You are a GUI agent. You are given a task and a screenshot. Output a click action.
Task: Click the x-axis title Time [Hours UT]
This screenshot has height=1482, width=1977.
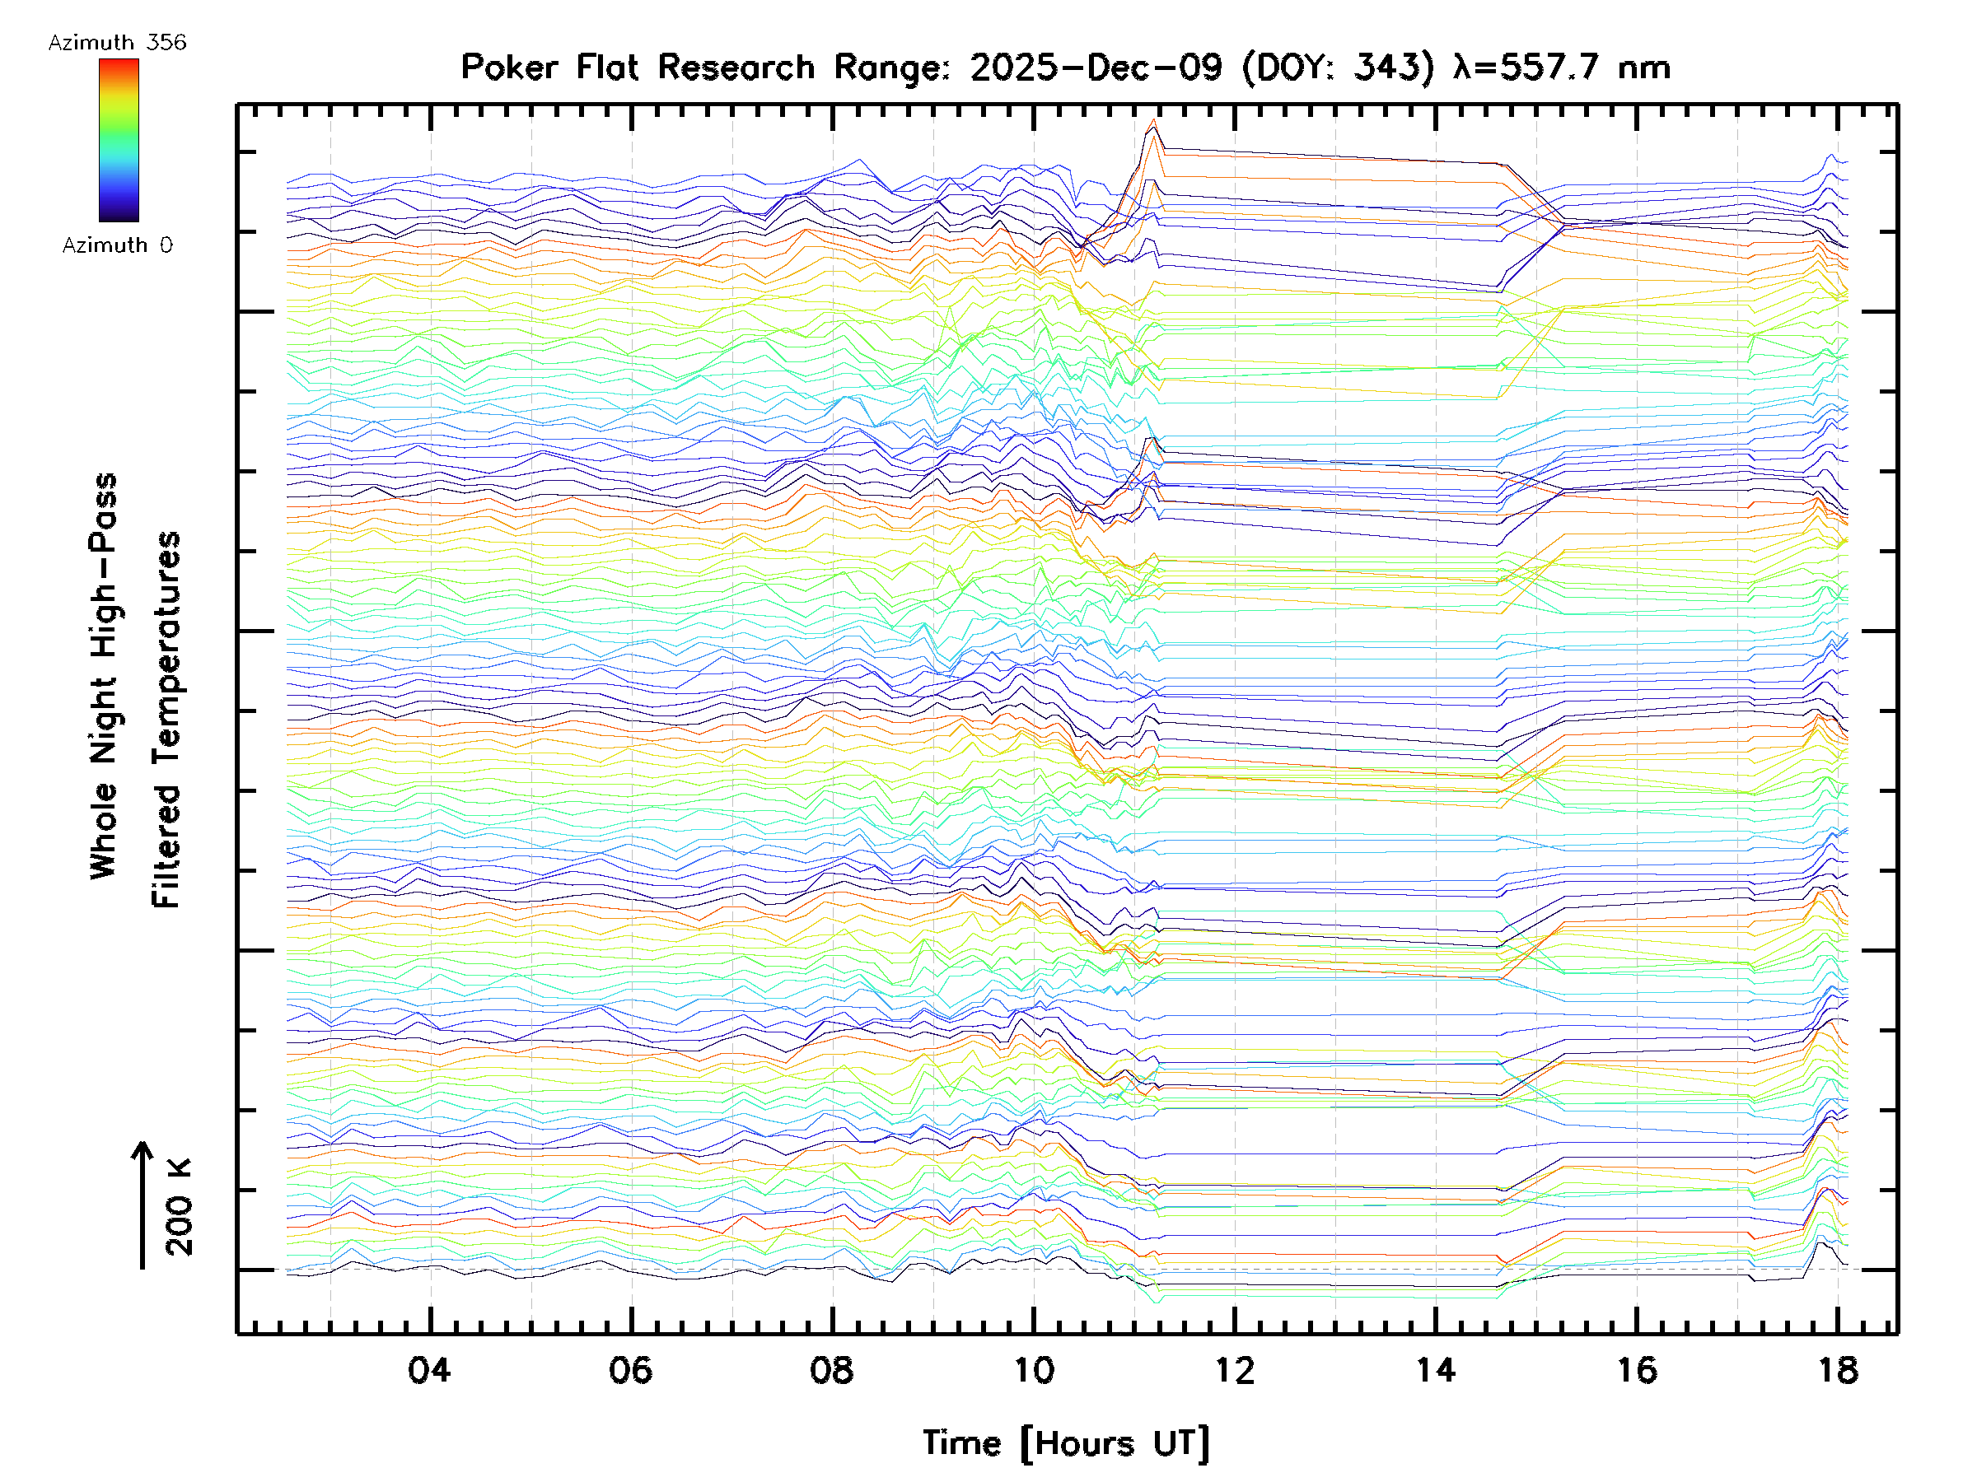[x=1065, y=1443]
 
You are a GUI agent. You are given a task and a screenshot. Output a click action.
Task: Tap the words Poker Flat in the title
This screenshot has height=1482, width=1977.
[x=548, y=68]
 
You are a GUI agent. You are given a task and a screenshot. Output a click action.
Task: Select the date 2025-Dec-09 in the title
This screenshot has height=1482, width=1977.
[x=1096, y=68]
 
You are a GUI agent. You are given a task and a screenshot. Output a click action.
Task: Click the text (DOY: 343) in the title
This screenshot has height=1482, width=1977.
[x=1338, y=68]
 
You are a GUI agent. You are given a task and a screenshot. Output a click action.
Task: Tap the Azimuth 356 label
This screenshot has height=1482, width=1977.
[x=117, y=43]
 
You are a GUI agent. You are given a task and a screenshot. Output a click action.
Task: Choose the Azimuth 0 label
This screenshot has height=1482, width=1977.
[x=117, y=245]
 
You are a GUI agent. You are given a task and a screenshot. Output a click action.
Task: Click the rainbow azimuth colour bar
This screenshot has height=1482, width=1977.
[x=119, y=140]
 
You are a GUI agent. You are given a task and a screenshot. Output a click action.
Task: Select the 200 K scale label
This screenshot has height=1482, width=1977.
[x=180, y=1207]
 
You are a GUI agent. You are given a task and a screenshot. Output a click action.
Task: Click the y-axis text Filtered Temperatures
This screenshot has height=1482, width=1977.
[x=166, y=720]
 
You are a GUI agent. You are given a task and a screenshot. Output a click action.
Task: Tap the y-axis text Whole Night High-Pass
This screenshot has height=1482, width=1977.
[x=104, y=676]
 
